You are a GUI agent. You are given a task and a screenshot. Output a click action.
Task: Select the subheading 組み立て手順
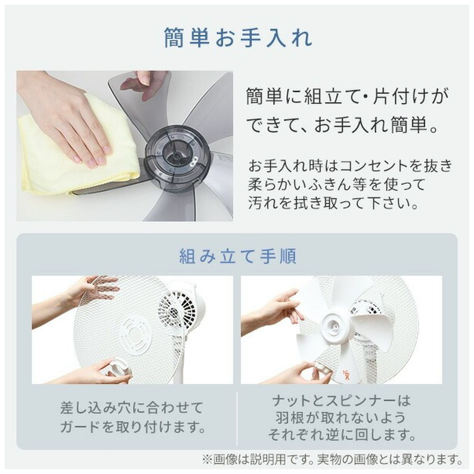pyautogui.click(x=237, y=256)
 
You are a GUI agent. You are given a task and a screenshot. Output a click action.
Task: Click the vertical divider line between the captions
pyautogui.click(x=237, y=419)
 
